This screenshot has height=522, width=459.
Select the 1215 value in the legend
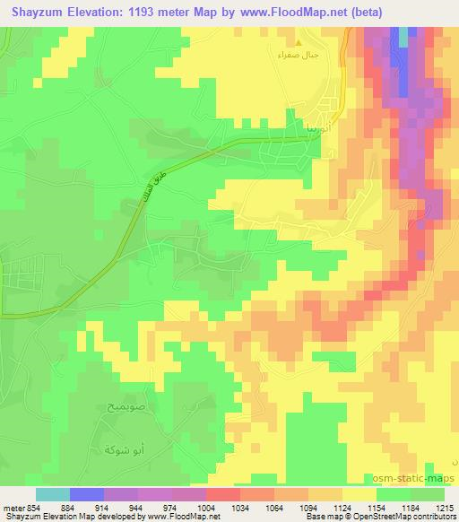click(446, 509)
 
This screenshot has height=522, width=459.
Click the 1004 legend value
click(206, 509)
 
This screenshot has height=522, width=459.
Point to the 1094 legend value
click(309, 509)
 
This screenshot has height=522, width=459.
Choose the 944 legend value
click(138, 509)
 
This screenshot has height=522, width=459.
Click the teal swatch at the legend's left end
click(53, 494)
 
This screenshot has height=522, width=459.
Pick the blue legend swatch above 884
click(87, 494)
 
